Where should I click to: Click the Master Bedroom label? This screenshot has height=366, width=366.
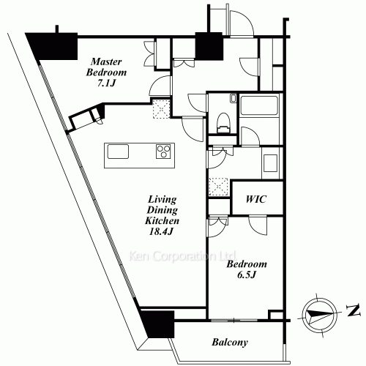106,67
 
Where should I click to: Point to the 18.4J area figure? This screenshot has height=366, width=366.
161,231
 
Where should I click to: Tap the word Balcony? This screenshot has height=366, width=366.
229,342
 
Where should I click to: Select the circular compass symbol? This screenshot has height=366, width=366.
316,313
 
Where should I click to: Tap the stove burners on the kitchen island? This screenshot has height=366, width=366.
163,152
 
